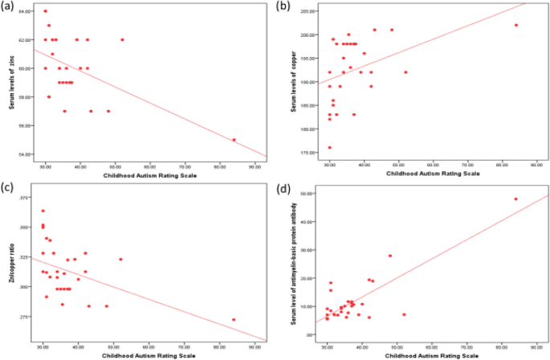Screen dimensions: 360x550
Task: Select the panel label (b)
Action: [x=283, y=7]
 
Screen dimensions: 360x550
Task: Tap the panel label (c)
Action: [x=10, y=190]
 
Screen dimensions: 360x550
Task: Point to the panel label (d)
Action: [x=283, y=190]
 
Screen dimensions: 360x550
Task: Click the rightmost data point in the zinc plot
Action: [x=234, y=140]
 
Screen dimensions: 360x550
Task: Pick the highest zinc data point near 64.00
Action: [x=45, y=11]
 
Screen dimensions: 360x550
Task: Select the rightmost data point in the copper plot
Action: [x=516, y=25]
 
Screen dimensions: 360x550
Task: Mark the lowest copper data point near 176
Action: [x=329, y=148]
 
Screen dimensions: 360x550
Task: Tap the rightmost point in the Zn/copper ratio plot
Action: [x=234, y=320]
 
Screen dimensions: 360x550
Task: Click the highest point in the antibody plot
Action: [x=515, y=199]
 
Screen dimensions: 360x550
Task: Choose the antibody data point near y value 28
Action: [x=390, y=256]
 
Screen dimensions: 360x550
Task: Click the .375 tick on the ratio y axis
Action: [x=24, y=198]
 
